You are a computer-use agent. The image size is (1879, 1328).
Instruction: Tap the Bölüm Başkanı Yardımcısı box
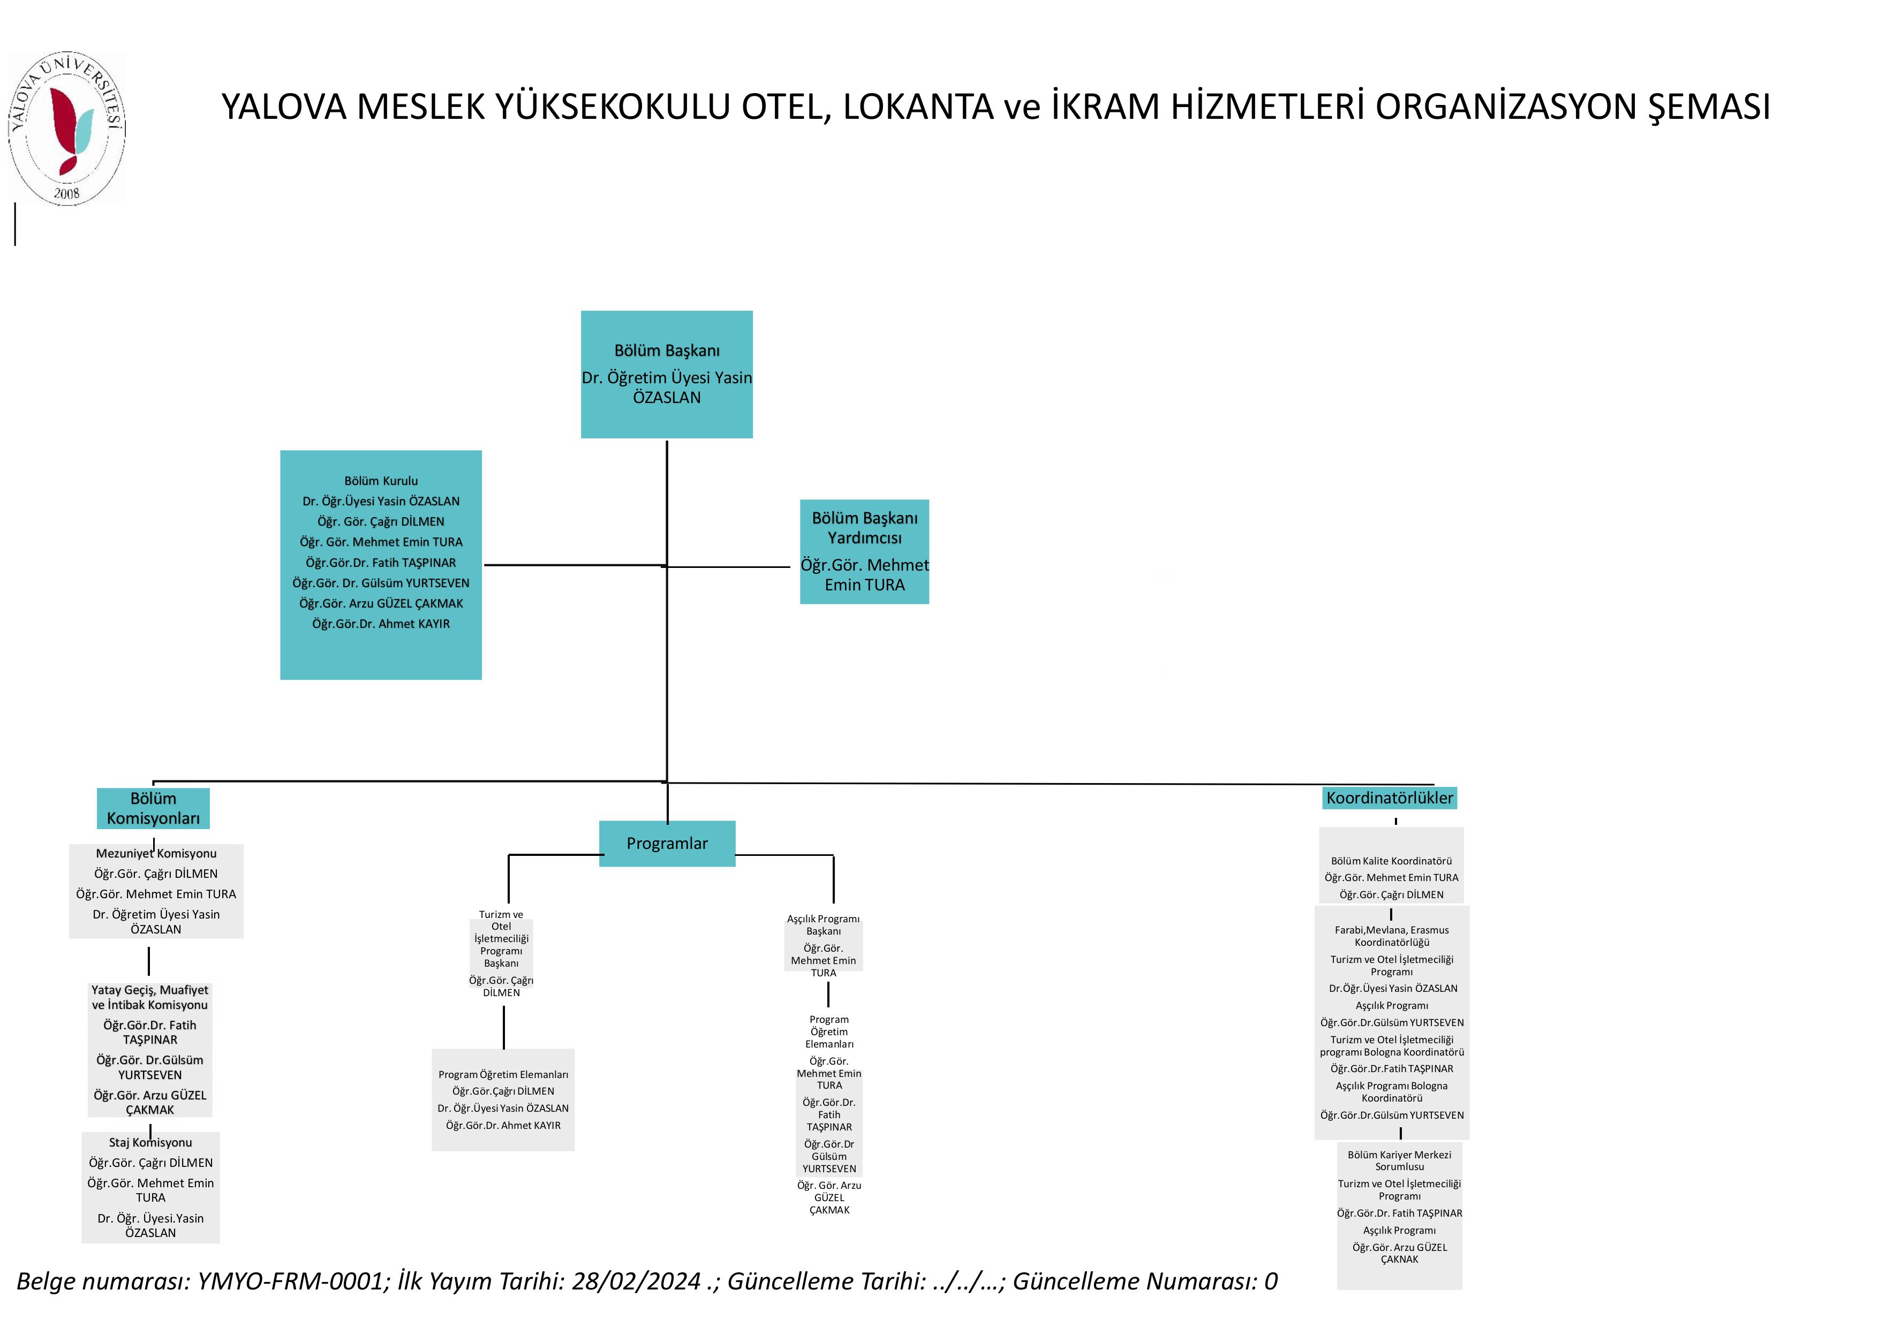864,551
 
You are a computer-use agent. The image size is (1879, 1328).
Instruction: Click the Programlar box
667,843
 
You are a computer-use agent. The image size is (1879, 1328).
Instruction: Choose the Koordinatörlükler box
1390,798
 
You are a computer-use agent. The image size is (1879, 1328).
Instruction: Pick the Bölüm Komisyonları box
153,808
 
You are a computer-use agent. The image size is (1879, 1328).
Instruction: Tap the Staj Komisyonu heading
150,1142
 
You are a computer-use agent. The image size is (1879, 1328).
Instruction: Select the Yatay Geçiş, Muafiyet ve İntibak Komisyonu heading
150,997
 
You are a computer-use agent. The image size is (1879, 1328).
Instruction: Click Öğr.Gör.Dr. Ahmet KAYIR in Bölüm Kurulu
381,624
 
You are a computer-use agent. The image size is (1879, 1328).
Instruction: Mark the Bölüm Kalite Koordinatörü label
1391,861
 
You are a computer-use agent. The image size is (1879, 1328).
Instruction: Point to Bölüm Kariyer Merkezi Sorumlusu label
1399,1160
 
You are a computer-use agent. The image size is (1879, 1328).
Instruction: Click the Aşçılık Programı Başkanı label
823,924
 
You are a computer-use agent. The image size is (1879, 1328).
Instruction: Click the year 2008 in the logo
66,193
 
